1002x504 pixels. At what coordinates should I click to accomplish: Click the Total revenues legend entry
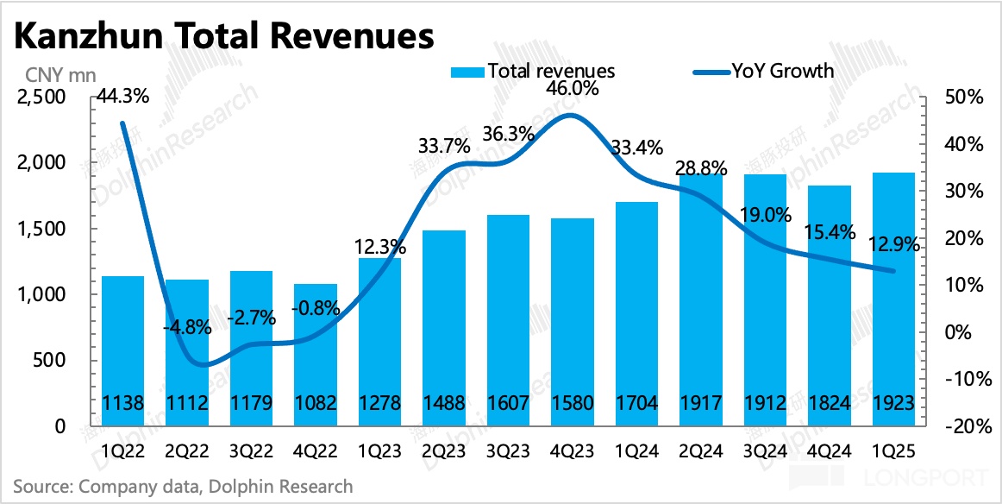532,70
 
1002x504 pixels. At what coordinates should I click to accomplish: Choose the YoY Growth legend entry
763,70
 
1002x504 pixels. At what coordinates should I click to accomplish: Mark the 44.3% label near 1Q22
122,97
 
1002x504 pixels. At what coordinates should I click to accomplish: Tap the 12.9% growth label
893,245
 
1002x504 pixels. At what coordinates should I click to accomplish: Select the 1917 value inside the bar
699,402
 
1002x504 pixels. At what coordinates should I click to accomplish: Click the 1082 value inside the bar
315,402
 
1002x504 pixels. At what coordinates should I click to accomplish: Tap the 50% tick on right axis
963,98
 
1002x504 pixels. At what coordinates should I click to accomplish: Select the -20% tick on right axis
961,426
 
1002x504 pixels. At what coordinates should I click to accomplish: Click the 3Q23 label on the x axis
508,451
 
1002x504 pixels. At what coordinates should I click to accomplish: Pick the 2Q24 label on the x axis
700,451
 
